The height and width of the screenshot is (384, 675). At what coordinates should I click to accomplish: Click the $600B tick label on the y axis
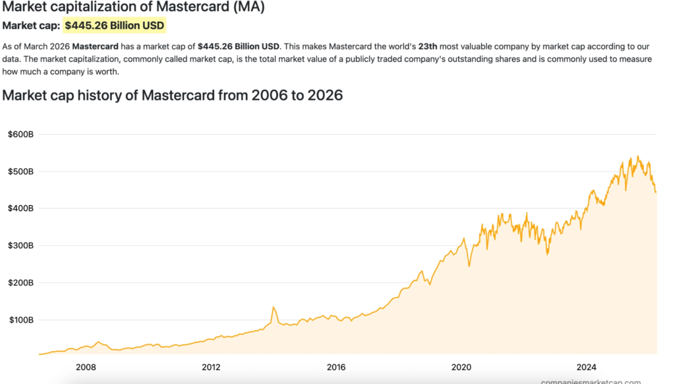pyautogui.click(x=20, y=135)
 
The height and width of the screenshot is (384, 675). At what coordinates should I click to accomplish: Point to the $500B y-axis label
pyautogui.click(x=20, y=172)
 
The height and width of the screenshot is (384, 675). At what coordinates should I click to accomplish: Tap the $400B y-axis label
pyautogui.click(x=20, y=208)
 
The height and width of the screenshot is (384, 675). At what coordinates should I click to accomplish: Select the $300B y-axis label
pyautogui.click(x=20, y=245)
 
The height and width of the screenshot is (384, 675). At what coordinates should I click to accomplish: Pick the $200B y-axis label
pyautogui.click(x=20, y=283)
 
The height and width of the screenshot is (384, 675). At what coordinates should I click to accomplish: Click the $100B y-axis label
pyautogui.click(x=20, y=320)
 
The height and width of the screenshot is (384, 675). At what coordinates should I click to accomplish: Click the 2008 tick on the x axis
pyautogui.click(x=86, y=367)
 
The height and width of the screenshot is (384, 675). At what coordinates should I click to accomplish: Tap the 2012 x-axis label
pyautogui.click(x=211, y=367)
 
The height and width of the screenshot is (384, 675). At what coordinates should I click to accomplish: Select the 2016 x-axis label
pyautogui.click(x=336, y=367)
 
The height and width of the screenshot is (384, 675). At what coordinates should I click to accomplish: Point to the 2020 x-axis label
pyautogui.click(x=461, y=367)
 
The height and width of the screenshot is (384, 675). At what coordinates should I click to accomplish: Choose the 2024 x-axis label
pyautogui.click(x=586, y=367)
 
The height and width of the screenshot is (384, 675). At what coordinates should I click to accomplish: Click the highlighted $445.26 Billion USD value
pyautogui.click(x=115, y=26)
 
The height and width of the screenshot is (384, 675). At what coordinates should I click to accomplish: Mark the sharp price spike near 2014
pyautogui.click(x=273, y=307)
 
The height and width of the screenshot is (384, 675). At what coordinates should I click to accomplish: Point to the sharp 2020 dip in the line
pyautogui.click(x=469, y=265)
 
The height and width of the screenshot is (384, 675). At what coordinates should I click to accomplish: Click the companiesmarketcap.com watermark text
pyautogui.click(x=591, y=381)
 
